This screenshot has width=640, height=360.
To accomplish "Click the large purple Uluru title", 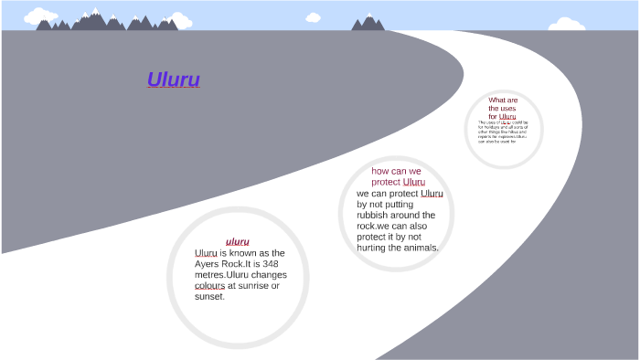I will (x=174, y=79).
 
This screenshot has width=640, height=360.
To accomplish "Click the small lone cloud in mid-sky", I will (x=313, y=16).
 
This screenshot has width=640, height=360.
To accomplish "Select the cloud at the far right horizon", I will (x=571, y=24).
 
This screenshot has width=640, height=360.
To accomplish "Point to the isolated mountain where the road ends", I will (x=368, y=22).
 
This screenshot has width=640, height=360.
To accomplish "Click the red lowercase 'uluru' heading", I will (x=238, y=241).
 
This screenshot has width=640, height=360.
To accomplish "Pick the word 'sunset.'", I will (x=209, y=297).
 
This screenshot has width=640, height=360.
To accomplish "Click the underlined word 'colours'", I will (x=209, y=286).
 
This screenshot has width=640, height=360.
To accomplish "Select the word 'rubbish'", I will (x=377, y=215).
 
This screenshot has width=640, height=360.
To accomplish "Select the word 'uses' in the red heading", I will (x=507, y=108).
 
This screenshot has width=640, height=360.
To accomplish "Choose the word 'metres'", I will (x=211, y=275).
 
